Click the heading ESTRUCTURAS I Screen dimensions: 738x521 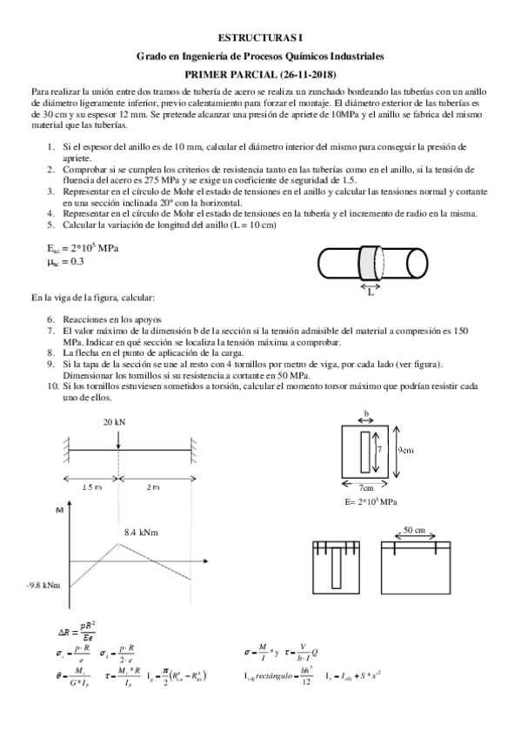(x=260, y=38)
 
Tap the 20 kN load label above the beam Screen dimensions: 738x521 (x=113, y=421)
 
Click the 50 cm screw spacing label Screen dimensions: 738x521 (x=415, y=529)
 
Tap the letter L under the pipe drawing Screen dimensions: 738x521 (x=370, y=292)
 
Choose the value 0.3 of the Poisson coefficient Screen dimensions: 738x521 (x=77, y=260)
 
